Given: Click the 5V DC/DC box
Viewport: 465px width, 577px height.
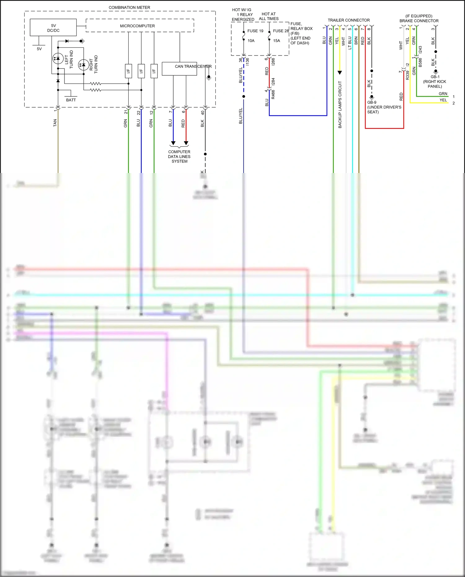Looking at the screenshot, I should point(53,28).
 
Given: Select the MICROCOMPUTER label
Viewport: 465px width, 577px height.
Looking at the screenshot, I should point(137,26).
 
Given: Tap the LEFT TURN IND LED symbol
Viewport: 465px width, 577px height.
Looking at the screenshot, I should point(58,58).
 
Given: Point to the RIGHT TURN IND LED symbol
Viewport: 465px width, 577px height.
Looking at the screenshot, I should point(83,65).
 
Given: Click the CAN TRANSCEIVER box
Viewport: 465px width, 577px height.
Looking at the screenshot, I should point(179,69).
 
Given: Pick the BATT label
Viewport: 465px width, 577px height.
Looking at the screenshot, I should point(71,100).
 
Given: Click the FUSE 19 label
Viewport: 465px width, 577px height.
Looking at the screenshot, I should point(255,31).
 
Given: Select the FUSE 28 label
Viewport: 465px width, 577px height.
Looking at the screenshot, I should point(281,31).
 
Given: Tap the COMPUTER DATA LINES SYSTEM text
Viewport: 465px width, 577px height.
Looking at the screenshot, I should point(179,157).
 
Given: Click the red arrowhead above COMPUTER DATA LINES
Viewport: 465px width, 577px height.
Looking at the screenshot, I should point(186,143).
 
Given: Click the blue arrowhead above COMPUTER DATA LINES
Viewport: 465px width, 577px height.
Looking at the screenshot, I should point(173,143).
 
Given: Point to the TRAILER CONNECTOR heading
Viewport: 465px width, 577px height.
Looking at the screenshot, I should point(348,20).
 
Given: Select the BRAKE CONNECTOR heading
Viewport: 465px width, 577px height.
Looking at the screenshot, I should point(419,21).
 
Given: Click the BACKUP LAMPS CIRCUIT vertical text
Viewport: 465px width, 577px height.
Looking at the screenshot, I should point(340,104).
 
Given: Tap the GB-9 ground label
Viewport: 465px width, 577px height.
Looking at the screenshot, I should point(372,102).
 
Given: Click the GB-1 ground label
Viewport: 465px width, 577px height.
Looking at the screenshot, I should point(435,77).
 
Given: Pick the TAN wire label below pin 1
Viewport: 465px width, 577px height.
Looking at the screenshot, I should point(55,123).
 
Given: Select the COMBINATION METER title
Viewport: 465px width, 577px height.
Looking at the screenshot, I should point(129,7).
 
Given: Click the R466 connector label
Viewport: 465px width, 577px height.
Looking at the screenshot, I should point(273,94).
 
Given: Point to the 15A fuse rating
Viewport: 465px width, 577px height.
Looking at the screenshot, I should point(277,41).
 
